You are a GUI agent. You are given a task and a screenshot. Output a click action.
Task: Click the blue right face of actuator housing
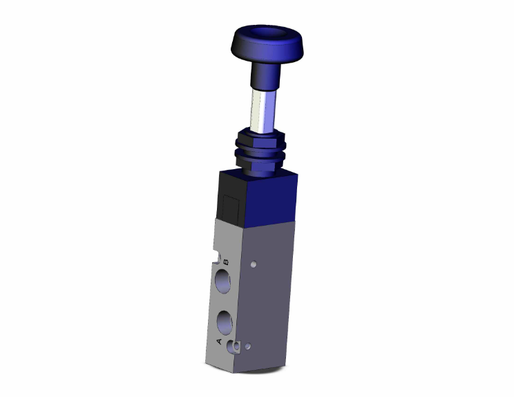(269, 200)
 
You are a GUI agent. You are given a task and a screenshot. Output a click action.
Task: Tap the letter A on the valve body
(220, 342)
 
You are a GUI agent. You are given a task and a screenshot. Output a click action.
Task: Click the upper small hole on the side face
(256, 263)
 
